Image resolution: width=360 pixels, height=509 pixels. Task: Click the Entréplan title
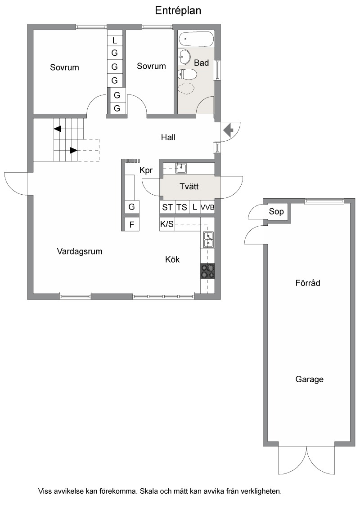point(178,11)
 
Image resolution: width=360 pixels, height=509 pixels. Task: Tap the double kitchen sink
point(208,240)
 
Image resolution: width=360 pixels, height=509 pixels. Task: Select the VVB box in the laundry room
point(207,207)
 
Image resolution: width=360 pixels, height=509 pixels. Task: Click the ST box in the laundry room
point(167,207)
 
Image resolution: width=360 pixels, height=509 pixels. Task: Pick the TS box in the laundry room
point(182,207)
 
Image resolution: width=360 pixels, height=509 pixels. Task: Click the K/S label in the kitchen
point(166,223)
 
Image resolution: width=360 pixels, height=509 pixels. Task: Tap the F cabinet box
point(132,224)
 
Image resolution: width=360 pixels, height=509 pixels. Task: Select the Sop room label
point(276,212)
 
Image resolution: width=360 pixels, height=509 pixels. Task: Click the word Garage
point(309,379)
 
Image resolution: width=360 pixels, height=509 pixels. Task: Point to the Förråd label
point(308,283)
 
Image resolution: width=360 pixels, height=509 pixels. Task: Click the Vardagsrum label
point(80,251)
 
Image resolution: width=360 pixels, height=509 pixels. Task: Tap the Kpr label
point(146,170)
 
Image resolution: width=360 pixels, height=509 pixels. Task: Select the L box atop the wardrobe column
point(114,40)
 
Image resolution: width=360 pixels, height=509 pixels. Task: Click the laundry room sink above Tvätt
point(181,168)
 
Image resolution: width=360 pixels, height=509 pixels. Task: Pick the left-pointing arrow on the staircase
point(57,129)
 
